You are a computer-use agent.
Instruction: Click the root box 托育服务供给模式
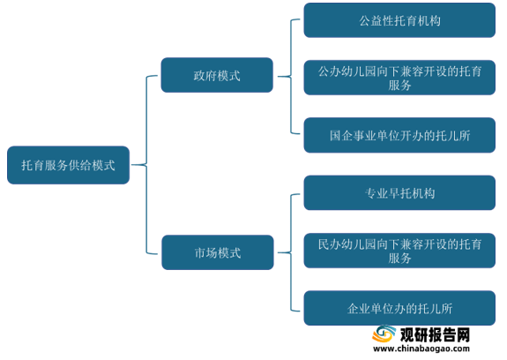click(x=68, y=165)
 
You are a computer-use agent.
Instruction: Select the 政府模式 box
click(x=217, y=75)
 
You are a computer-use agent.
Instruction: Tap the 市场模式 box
click(x=218, y=252)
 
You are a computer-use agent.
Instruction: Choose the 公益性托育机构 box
click(x=399, y=20)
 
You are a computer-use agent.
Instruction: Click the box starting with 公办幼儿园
click(x=399, y=78)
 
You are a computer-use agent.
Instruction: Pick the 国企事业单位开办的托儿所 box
click(x=399, y=135)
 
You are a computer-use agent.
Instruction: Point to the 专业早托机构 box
click(x=399, y=192)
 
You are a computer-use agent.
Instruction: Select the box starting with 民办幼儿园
click(x=399, y=251)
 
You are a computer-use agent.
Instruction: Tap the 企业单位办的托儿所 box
click(x=399, y=308)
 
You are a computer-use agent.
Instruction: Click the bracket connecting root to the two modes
click(x=146, y=165)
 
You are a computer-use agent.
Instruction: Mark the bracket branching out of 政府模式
click(x=291, y=77)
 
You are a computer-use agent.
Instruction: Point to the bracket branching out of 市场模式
click(x=291, y=252)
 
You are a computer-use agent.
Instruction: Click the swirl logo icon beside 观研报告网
click(x=384, y=334)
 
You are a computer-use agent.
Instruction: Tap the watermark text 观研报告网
click(x=435, y=334)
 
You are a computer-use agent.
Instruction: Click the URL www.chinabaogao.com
click(x=421, y=349)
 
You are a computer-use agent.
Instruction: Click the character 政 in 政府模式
click(x=199, y=76)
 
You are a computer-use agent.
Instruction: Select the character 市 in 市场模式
click(x=200, y=253)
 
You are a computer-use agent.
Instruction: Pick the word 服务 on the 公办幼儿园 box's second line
click(x=399, y=85)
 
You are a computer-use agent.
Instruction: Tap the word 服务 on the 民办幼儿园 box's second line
click(x=399, y=258)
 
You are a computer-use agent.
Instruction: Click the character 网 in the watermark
click(x=463, y=334)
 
